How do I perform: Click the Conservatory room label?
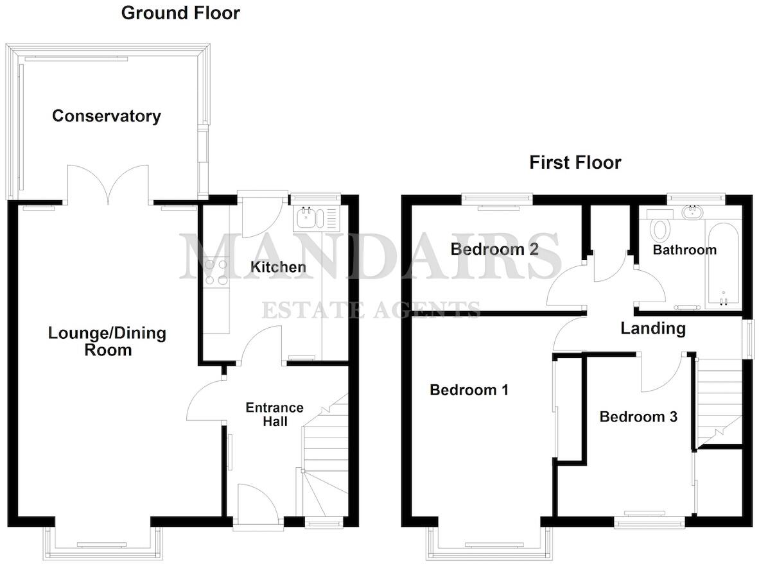point(106,116)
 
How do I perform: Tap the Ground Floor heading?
point(180,13)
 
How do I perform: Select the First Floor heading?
point(575,162)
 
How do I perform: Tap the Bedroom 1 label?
point(469,389)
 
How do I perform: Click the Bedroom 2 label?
point(494,249)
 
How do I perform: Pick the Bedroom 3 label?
point(638,417)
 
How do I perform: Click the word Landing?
point(652,329)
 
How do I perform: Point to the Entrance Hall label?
point(274,414)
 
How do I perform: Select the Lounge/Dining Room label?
point(107,341)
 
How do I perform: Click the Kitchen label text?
point(277,267)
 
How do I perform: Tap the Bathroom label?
point(684,250)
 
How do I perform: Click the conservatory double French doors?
point(110,183)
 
